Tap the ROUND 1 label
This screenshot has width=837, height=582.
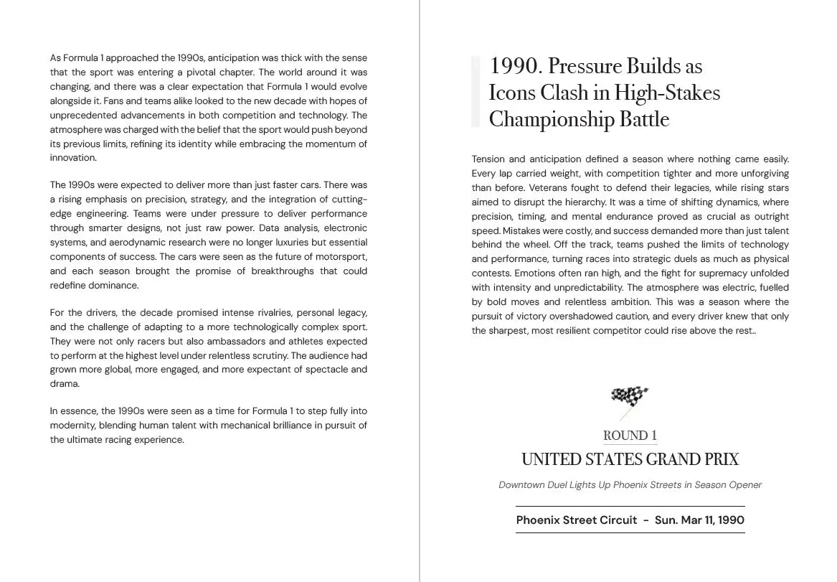tap(630, 436)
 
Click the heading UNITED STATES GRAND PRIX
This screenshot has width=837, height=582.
tap(630, 459)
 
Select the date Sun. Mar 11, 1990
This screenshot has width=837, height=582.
tap(699, 520)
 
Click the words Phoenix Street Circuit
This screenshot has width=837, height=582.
tap(576, 520)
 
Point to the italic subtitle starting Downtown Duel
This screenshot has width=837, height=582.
tap(630, 484)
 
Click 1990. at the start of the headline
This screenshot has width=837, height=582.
tap(514, 66)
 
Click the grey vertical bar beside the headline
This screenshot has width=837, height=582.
tap(476, 92)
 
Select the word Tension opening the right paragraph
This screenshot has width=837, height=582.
tap(488, 159)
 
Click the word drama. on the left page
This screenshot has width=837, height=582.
tap(65, 384)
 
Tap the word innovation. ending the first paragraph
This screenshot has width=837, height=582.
tap(73, 158)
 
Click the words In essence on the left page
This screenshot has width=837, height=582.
tap(72, 411)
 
